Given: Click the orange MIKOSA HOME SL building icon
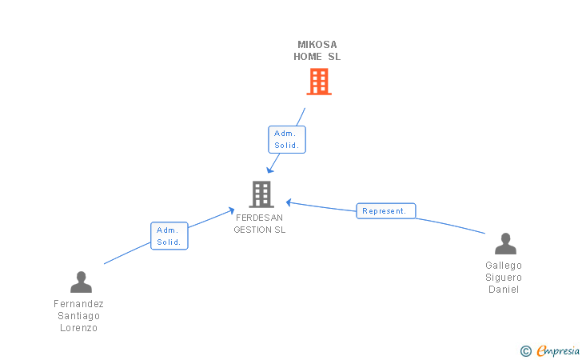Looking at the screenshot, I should click(x=319, y=82).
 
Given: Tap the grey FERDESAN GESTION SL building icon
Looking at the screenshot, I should click(x=261, y=194).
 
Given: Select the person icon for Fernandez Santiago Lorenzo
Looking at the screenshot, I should click(x=81, y=282).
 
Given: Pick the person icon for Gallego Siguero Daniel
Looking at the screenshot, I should click(x=505, y=244).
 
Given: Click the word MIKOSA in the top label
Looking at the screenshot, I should click(x=317, y=45).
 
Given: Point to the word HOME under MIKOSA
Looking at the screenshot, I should click(x=308, y=57).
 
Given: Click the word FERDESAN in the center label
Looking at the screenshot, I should click(x=259, y=218).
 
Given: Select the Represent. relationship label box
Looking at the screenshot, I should click(x=385, y=211).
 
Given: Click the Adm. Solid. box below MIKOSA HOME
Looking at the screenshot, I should click(x=287, y=139).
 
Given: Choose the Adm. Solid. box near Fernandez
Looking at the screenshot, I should click(x=169, y=236).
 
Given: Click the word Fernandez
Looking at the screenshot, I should click(x=78, y=304).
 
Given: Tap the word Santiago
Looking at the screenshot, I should click(x=78, y=316).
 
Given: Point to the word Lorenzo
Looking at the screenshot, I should click(x=78, y=328).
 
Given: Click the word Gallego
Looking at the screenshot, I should click(x=504, y=266).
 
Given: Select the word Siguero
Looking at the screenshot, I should click(x=504, y=278).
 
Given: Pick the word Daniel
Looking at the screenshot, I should click(x=504, y=290).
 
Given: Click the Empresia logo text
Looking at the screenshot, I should click(x=558, y=350).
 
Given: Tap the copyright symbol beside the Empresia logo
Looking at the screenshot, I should click(x=525, y=350).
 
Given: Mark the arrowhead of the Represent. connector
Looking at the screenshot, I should click(x=289, y=202).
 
